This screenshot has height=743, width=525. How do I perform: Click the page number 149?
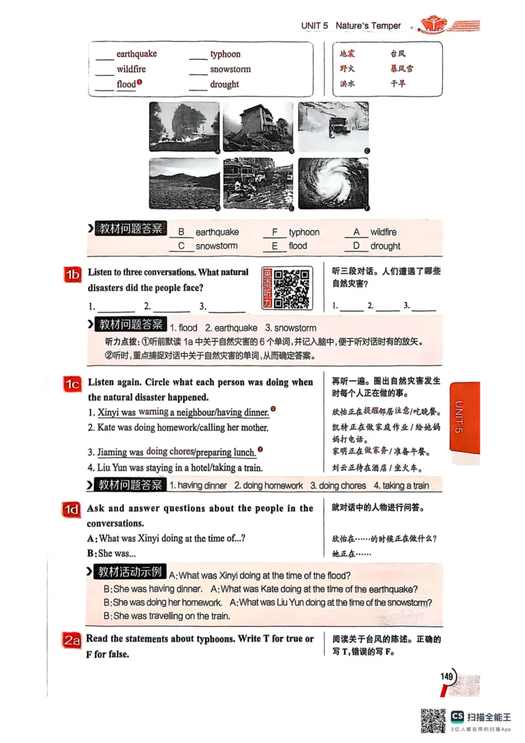448,677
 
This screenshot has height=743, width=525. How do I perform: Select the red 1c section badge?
72,385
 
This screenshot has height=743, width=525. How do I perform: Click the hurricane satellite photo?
333,184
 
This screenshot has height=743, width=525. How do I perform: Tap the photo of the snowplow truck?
333,127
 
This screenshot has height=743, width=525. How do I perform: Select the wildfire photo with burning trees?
184,127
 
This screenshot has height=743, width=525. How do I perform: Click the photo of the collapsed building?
259,127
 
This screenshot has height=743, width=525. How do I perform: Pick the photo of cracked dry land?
184,184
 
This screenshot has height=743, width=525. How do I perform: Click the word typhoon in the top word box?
225,54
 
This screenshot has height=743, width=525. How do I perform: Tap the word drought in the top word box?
224,85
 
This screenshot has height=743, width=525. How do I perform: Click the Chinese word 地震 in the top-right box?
347,54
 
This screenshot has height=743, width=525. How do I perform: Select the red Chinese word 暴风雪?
402,68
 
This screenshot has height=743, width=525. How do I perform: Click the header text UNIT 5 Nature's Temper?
350,26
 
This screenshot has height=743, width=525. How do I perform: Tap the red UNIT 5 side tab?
465,417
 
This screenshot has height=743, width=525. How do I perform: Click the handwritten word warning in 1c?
154,412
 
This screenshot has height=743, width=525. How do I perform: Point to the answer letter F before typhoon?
275,232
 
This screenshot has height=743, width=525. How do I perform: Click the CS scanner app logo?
457,717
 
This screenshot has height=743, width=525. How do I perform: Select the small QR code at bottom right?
432,721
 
